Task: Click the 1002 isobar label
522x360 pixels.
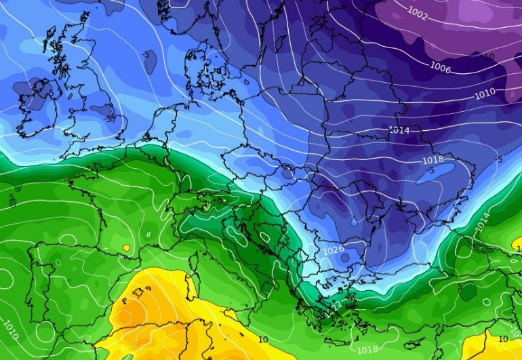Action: coord(418,12)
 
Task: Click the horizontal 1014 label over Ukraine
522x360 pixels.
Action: coord(399,129)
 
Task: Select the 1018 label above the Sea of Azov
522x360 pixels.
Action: coord(433,159)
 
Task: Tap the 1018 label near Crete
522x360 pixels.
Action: coord(367,349)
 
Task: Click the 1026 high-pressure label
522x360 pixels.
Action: coord(333,251)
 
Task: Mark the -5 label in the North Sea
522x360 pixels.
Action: coord(146,54)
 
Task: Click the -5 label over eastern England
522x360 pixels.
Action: coord(111,118)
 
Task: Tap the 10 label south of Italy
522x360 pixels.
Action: coord(263,339)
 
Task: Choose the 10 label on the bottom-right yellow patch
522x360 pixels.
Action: coord(503,338)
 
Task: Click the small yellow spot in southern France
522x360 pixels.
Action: coord(127,248)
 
